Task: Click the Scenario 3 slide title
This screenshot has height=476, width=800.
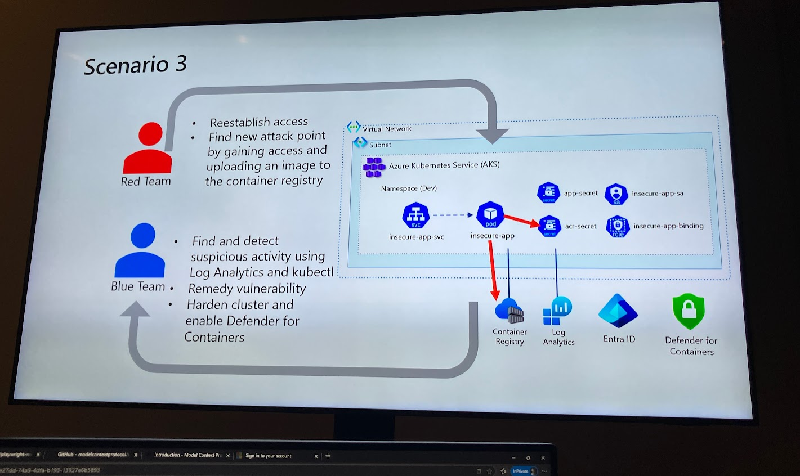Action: click(x=135, y=65)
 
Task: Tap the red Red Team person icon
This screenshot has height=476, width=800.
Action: click(x=148, y=149)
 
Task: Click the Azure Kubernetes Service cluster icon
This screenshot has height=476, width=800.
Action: click(x=373, y=167)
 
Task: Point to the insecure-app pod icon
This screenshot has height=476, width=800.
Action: click(x=490, y=215)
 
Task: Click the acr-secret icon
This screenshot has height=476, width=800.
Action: click(x=549, y=226)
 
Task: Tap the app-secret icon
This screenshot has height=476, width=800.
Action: click(x=548, y=193)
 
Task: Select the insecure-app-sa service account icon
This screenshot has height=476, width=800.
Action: click(x=616, y=194)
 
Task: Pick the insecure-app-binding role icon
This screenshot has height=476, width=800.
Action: click(x=618, y=226)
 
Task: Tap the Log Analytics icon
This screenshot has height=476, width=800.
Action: click(x=557, y=311)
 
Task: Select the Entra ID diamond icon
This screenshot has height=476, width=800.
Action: click(x=618, y=311)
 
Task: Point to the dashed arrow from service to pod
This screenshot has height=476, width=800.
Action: click(x=453, y=215)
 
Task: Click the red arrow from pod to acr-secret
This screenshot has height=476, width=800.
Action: click(x=521, y=221)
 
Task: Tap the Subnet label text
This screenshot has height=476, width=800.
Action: click(x=380, y=145)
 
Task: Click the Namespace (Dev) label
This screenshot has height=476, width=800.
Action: click(x=408, y=188)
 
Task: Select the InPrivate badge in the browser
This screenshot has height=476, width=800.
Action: click(x=521, y=471)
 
